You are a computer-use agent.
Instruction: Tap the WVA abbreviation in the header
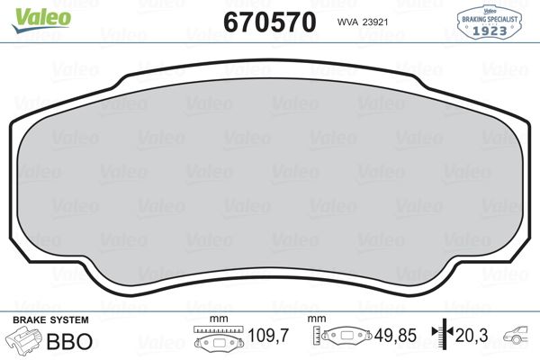tap(347, 22)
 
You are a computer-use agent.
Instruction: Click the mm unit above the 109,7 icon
tap(217, 319)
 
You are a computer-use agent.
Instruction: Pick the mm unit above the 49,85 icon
tap(316, 319)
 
